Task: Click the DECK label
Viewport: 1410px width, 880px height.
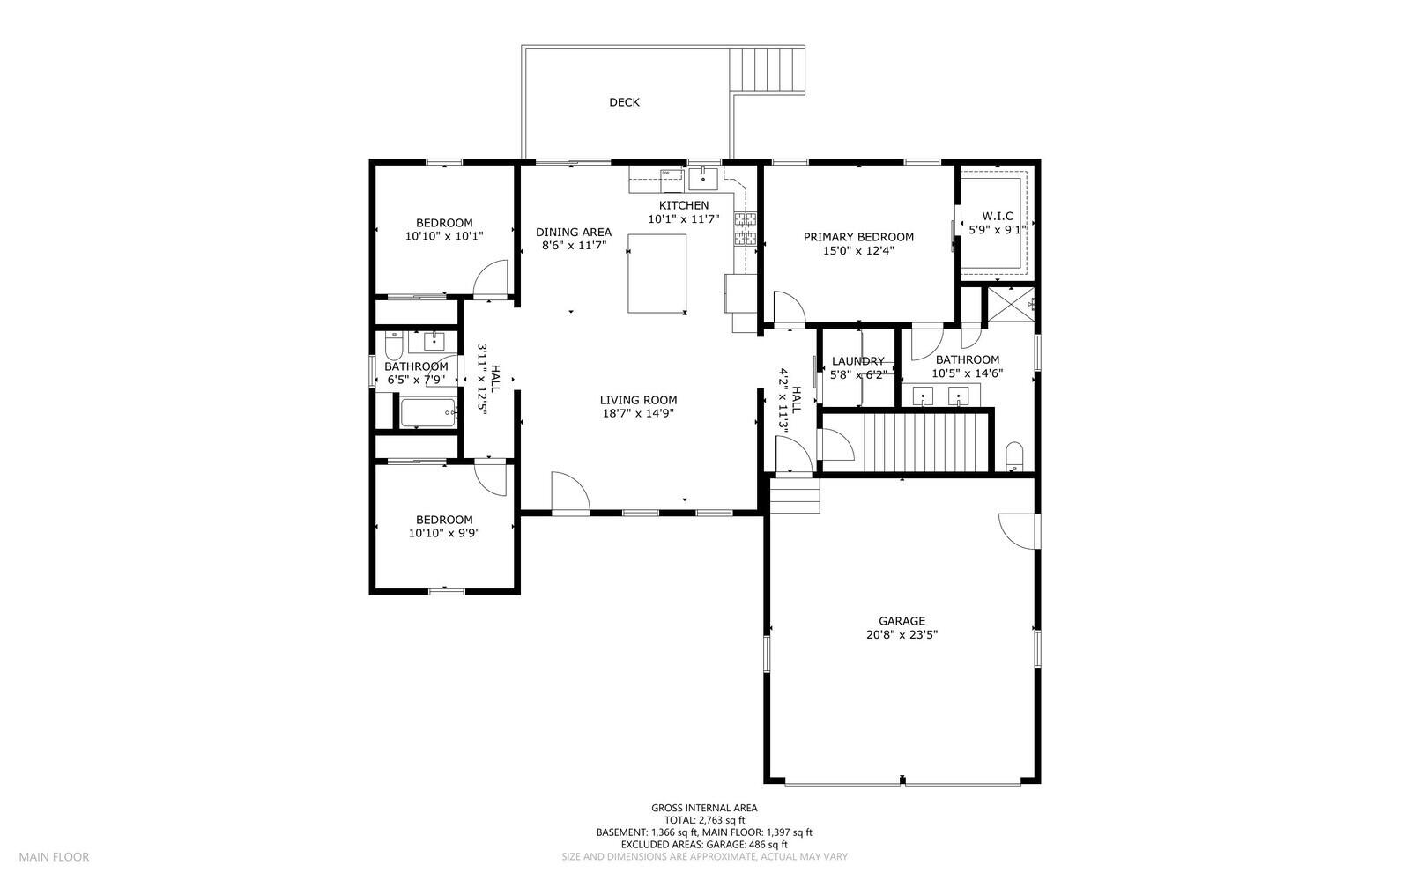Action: click(x=624, y=102)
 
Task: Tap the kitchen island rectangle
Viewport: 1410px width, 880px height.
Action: click(x=657, y=273)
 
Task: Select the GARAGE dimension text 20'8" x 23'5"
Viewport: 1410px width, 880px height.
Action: click(x=901, y=634)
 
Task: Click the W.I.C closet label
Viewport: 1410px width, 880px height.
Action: click(x=997, y=216)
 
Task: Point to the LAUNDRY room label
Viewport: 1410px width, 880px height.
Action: click(x=857, y=361)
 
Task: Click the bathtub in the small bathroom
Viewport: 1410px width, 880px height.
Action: click(x=428, y=412)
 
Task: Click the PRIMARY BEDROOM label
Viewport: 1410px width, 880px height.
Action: click(x=857, y=237)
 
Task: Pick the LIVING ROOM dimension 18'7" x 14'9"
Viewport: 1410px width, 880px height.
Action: click(x=638, y=413)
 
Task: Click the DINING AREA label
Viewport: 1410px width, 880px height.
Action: click(x=573, y=233)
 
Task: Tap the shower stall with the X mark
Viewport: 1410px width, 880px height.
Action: click(x=1010, y=305)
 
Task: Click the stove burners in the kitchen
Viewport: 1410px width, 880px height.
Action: click(x=746, y=228)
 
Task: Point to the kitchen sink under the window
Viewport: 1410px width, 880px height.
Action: click(x=703, y=179)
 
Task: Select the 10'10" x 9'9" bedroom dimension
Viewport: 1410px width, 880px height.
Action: click(x=443, y=533)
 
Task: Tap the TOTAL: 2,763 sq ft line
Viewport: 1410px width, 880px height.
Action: click(x=703, y=819)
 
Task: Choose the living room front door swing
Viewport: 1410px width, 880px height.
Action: click(x=569, y=491)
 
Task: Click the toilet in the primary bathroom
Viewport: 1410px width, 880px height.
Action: click(x=1013, y=455)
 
